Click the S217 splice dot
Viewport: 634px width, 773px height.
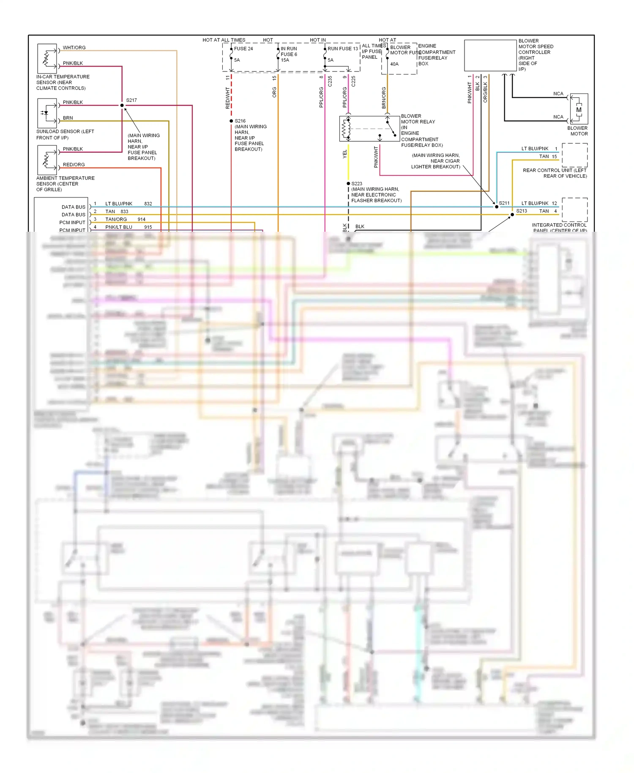pyautogui.click(x=122, y=105)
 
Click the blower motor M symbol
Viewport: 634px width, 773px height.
pyautogui.click(x=579, y=110)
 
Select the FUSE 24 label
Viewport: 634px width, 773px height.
pyautogui.click(x=243, y=49)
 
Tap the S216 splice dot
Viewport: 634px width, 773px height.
pyautogui.click(x=231, y=121)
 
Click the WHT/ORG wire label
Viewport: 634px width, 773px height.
pyautogui.click(x=74, y=48)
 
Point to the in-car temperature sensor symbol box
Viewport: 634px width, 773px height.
pyautogui.click(x=47, y=58)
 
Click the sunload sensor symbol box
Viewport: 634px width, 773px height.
pyautogui.click(x=47, y=113)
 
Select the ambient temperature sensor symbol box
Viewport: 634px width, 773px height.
pyautogui.click(x=47, y=160)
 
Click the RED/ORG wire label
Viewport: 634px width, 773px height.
pyautogui.click(x=74, y=164)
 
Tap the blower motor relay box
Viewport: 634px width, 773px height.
pyautogui.click(x=369, y=129)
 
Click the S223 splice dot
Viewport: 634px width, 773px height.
pyautogui.click(x=348, y=184)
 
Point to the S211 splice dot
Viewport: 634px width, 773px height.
pyautogui.click(x=497, y=207)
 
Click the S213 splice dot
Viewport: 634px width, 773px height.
pyautogui.click(x=512, y=214)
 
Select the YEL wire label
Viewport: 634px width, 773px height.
pyautogui.click(x=345, y=154)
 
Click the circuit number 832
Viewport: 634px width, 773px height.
pyautogui.click(x=148, y=204)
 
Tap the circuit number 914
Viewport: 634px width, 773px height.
pyautogui.click(x=142, y=219)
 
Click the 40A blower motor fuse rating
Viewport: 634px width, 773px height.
pyautogui.click(x=394, y=64)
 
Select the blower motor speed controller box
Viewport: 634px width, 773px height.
pyautogui.click(x=490, y=55)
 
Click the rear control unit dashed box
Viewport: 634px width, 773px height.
pyautogui.click(x=574, y=155)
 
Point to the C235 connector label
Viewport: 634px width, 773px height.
pyautogui.click(x=330, y=81)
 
